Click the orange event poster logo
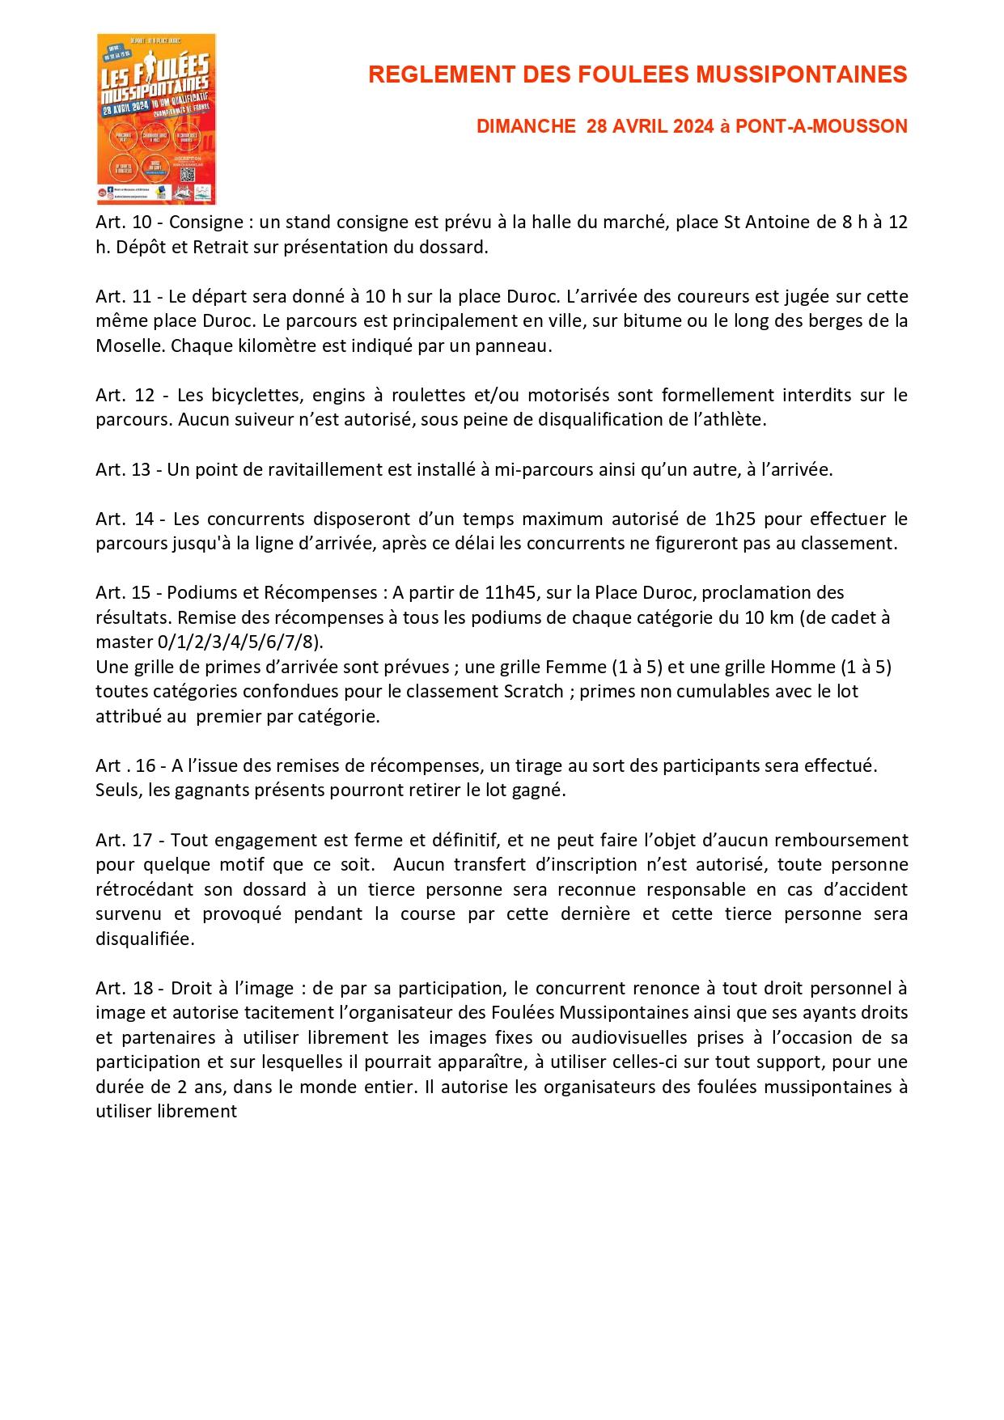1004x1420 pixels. (x=156, y=119)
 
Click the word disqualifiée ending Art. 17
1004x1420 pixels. (x=145, y=939)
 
